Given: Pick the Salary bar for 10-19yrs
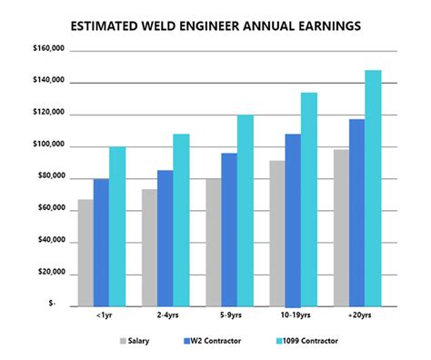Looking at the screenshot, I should pos(277,234).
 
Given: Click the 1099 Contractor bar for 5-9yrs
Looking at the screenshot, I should pos(246,210).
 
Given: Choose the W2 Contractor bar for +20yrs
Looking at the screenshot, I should pos(357,213).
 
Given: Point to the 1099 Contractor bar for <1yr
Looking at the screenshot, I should pos(116,226).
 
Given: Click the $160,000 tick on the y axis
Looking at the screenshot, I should pos(46,51).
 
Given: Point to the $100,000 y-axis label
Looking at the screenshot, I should pos(46,146).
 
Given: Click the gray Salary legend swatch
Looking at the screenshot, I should pos(123,342).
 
